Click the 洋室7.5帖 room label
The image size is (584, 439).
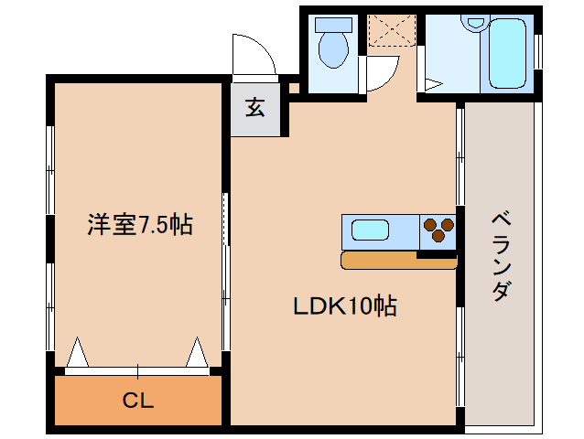(140, 223)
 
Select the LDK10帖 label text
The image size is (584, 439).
(344, 307)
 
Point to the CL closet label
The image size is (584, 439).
(138, 401)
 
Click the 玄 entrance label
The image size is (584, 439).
(254, 108)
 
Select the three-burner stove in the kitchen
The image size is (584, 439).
(438, 230)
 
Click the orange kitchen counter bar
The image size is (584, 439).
(397, 262)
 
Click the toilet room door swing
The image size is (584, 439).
(383, 73)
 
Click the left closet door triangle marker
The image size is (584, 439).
(78, 353)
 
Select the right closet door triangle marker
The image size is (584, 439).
(197, 353)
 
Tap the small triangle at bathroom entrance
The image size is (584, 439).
(433, 85)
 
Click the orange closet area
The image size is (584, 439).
(92, 401)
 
